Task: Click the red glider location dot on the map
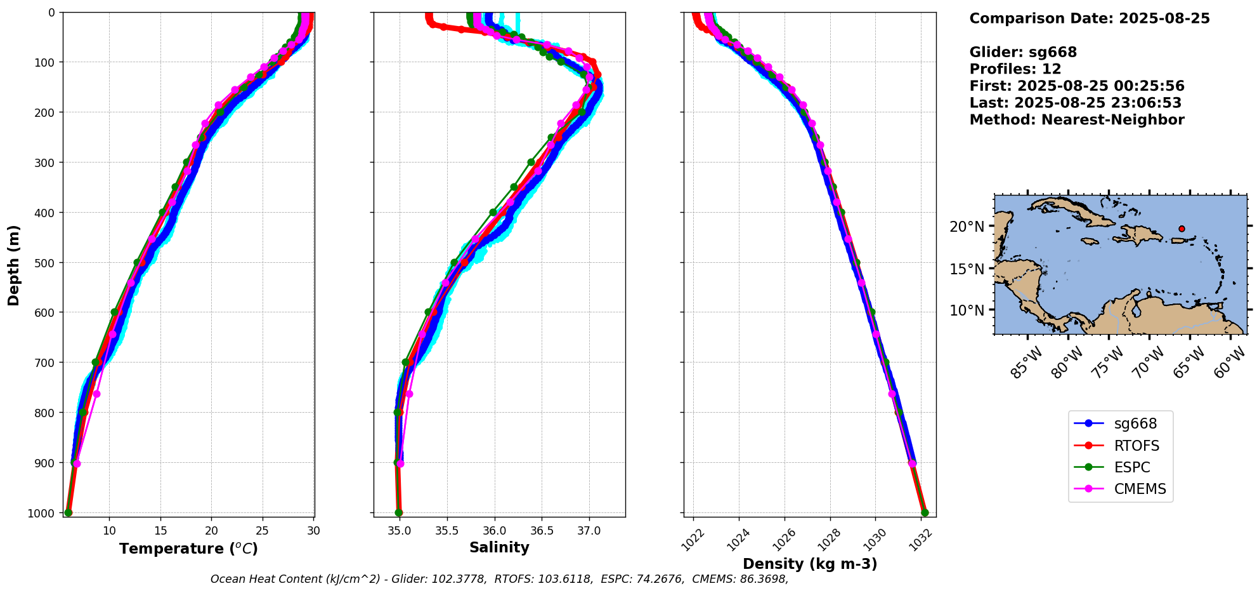pyautogui.click(x=1182, y=229)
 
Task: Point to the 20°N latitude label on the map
pyautogui.click(x=967, y=227)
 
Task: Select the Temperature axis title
pyautogui.click(x=188, y=549)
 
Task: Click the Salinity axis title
pyautogui.click(x=499, y=547)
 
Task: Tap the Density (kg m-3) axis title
pyautogui.click(x=810, y=564)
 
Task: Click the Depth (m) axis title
pyautogui.click(x=14, y=265)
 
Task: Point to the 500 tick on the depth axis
pyautogui.click(x=46, y=262)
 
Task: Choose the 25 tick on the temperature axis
pyautogui.click(x=263, y=530)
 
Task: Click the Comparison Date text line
pyautogui.click(x=1090, y=18)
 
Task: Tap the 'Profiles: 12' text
pyautogui.click(x=1015, y=69)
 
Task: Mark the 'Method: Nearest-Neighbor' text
pyautogui.click(x=1077, y=119)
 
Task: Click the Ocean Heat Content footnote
pyautogui.click(x=499, y=579)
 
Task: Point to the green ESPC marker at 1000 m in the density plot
pyautogui.click(x=925, y=512)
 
